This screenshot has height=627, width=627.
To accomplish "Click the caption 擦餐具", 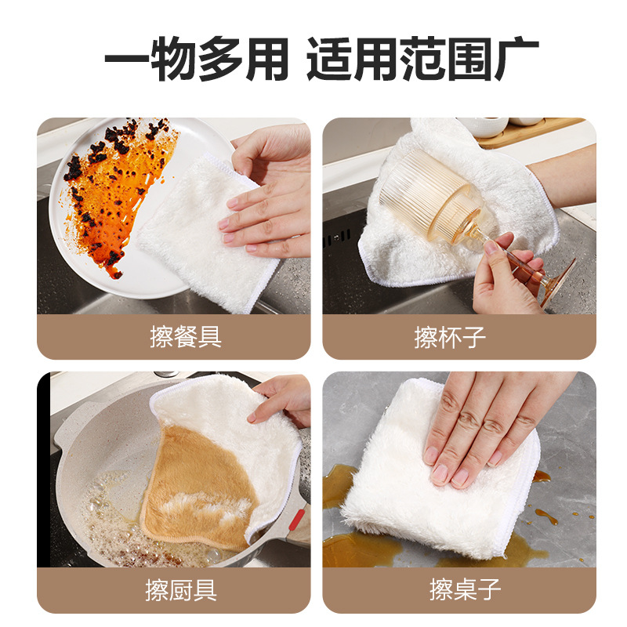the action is click(186, 337).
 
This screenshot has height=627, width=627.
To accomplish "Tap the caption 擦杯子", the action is click(450, 337).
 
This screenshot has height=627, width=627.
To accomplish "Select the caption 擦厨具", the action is click(181, 590).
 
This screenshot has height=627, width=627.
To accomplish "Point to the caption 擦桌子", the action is click(466, 589).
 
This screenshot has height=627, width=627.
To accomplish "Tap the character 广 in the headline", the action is click(516, 59).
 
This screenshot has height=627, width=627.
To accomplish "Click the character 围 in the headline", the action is click(469, 59).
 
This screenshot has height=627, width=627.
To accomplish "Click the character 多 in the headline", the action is click(220, 59).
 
